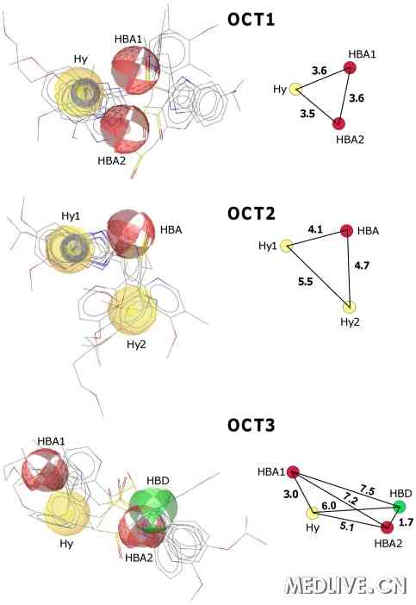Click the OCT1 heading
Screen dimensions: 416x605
pyautogui.click(x=251, y=19)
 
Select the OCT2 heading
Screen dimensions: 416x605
pyautogui.click(x=251, y=214)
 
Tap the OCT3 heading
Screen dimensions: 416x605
pyautogui.click(x=251, y=425)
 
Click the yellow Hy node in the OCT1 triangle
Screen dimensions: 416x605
pyautogui.click(x=295, y=89)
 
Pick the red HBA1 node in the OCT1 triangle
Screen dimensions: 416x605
pyautogui.click(x=350, y=68)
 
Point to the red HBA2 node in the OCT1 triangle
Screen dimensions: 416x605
pyautogui.click(x=338, y=123)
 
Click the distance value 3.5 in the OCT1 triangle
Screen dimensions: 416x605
pyautogui.click(x=307, y=114)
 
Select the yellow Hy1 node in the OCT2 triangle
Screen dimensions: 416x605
pyautogui.click(x=286, y=246)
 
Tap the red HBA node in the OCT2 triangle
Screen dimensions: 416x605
pyautogui.click(x=346, y=231)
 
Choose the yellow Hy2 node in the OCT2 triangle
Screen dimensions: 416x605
pyautogui.click(x=350, y=307)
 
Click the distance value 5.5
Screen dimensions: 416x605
pyautogui.click(x=305, y=282)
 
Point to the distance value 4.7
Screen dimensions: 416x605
pyautogui.click(x=362, y=265)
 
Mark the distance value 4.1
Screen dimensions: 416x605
pyautogui.click(x=315, y=229)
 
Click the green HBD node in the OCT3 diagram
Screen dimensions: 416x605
pyautogui.click(x=399, y=506)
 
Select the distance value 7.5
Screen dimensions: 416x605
pyautogui.click(x=368, y=490)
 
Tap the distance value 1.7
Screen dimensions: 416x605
pyautogui.click(x=406, y=522)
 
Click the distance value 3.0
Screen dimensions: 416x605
pyautogui.click(x=290, y=495)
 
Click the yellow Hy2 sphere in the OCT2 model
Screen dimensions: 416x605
pyautogui.click(x=133, y=310)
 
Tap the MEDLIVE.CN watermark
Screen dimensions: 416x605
pyautogui.click(x=345, y=586)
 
